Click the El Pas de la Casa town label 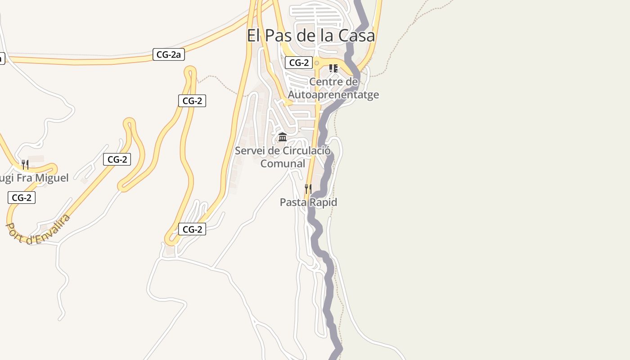pos(310,35)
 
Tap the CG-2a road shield pos(169,55)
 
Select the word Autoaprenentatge pos(333,95)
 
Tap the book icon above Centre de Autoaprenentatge pos(333,68)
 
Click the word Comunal pos(283,163)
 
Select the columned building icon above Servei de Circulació pos(283,137)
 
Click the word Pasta pos(293,202)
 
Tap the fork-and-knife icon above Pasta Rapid pos(308,189)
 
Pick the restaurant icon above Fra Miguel pos(25,164)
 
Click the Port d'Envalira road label pos(38,229)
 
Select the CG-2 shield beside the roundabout pos(299,63)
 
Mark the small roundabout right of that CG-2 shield pos(317,63)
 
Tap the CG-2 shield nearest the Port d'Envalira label pos(21,198)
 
